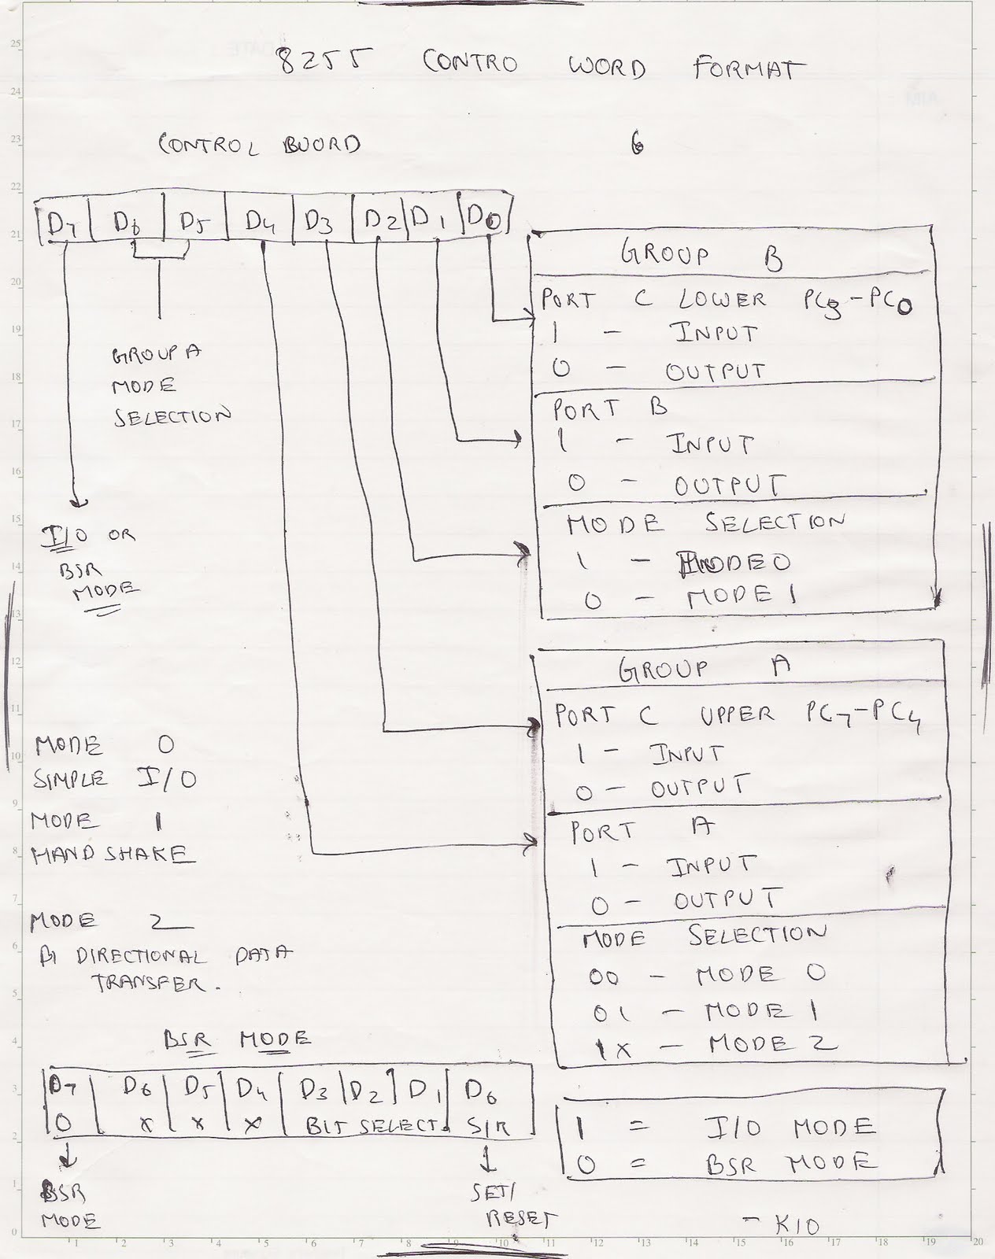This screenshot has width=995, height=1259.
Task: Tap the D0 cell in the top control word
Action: point(483,219)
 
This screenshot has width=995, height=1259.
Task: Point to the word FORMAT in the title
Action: point(749,68)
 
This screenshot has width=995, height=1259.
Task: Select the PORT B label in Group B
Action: point(609,408)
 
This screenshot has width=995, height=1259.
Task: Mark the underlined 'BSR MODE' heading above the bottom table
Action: point(236,1039)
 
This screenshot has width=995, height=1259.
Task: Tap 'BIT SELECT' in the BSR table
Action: point(370,1126)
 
